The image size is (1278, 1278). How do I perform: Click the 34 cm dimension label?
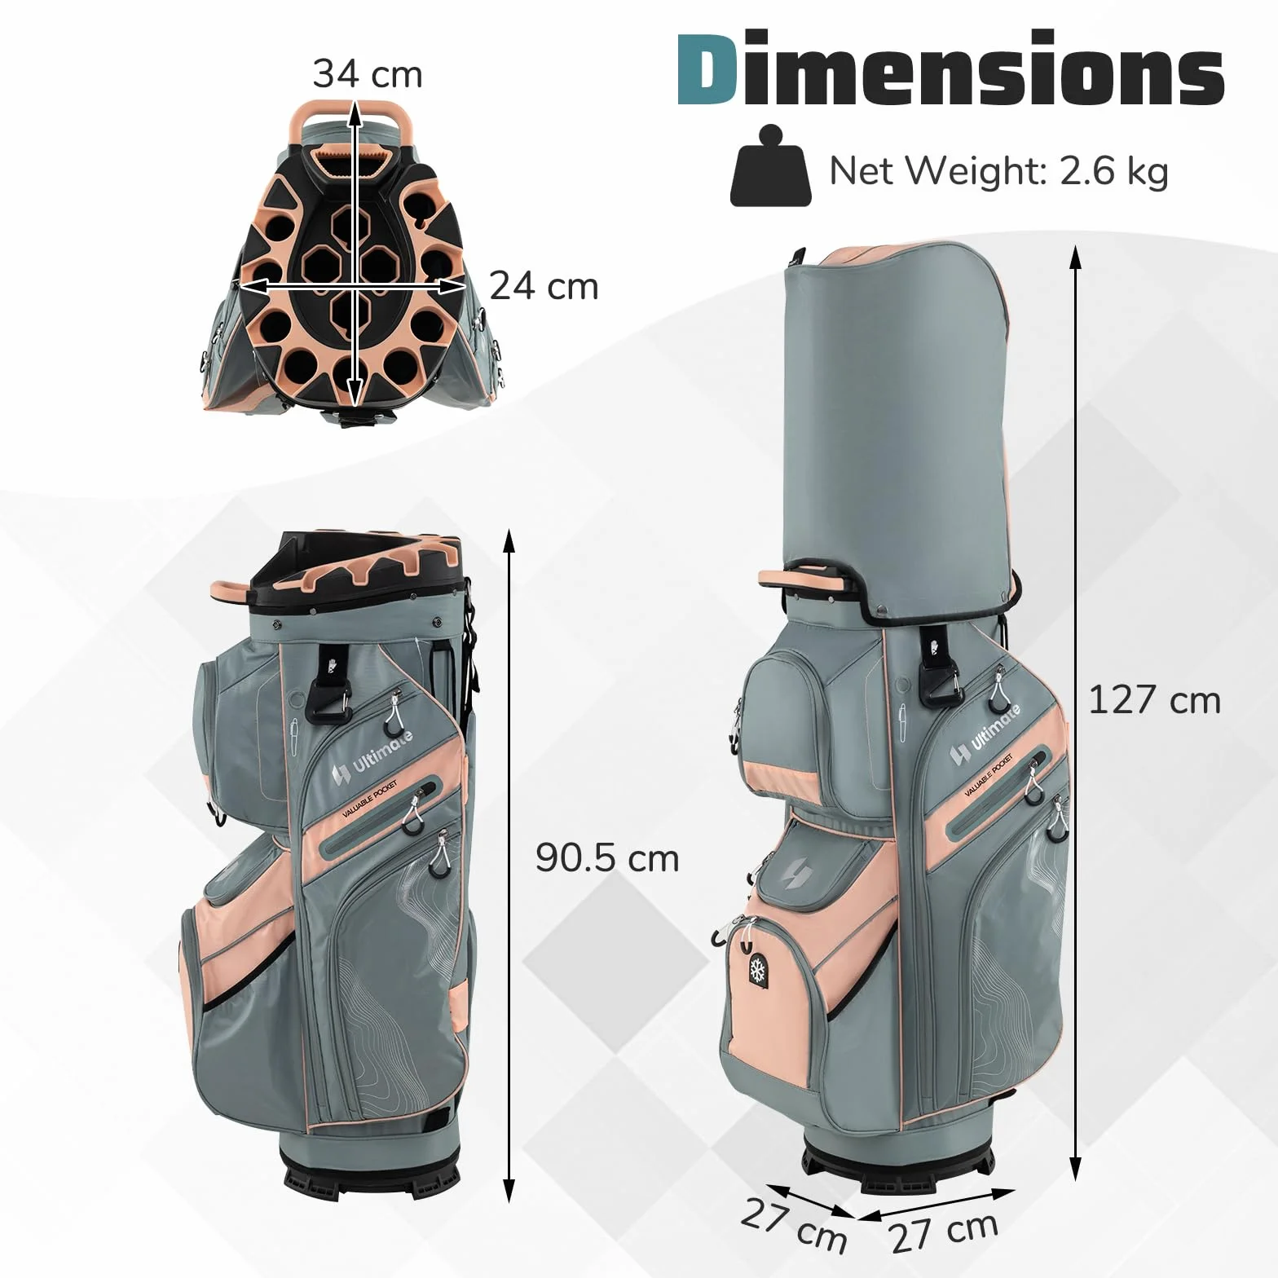click(x=368, y=74)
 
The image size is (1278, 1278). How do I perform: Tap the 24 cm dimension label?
click(x=544, y=287)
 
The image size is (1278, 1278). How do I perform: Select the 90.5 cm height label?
click(x=607, y=858)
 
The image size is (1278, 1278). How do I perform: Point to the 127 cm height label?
click(x=1155, y=700)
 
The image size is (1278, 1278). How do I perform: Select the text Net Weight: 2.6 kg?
click(x=998, y=171)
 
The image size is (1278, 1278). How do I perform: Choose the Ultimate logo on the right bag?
click(x=984, y=735)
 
